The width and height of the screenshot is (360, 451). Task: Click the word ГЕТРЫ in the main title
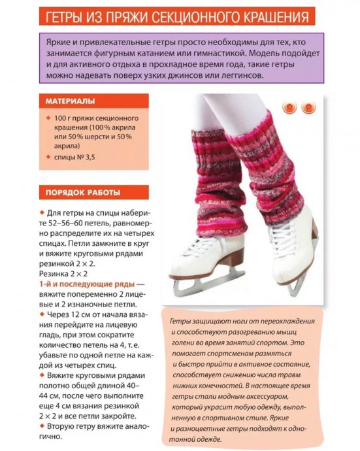[x=70, y=16]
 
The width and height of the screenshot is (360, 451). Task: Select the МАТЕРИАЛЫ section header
[x=70, y=101]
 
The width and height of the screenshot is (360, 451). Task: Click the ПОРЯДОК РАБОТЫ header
[x=82, y=193]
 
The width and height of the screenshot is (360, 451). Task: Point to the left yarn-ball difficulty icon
[x=288, y=107]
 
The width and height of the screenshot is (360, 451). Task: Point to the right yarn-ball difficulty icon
[x=308, y=107]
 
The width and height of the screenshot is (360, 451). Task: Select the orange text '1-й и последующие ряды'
[x=87, y=284]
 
